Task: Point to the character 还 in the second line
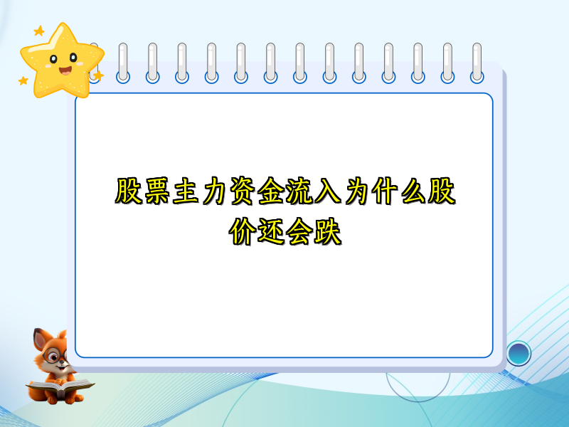[270, 233]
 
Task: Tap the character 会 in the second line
[299, 233]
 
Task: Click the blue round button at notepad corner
[519, 352]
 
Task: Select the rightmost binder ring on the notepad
[477, 63]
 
